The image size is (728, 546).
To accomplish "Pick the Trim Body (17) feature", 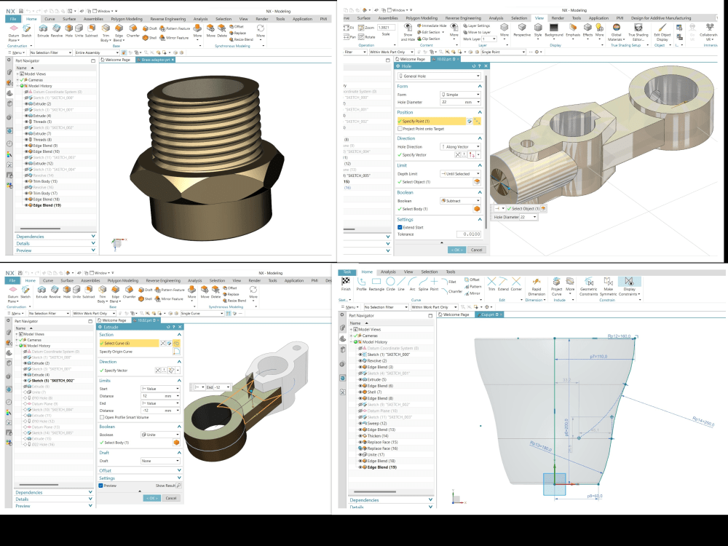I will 44,193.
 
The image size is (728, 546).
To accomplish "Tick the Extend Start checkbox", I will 400,227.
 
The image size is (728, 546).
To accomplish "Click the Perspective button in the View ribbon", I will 522,31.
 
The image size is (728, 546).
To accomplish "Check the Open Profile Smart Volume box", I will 101,417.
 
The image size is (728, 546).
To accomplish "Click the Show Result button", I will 168,485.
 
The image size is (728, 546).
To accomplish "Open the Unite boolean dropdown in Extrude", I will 160,435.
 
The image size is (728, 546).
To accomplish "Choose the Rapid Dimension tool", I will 535,285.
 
